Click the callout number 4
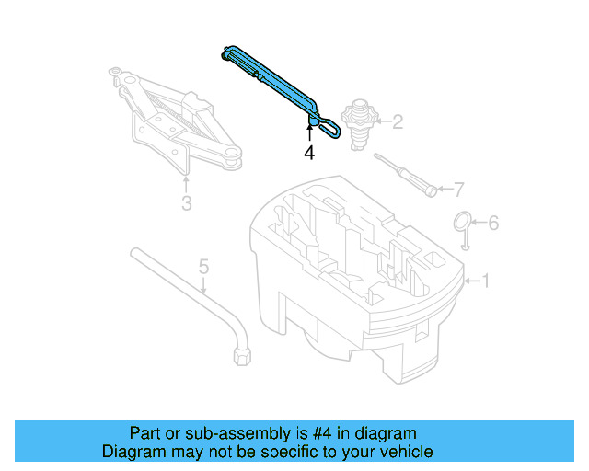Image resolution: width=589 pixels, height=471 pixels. coord(309,154)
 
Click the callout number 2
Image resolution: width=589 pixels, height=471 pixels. coord(398,121)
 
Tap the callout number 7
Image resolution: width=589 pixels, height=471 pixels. coord(459,190)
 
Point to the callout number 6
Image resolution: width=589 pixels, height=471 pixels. coord(492,223)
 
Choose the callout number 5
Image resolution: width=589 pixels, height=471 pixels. coord(204,268)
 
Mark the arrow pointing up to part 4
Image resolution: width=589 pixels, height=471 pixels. coord(309,133)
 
